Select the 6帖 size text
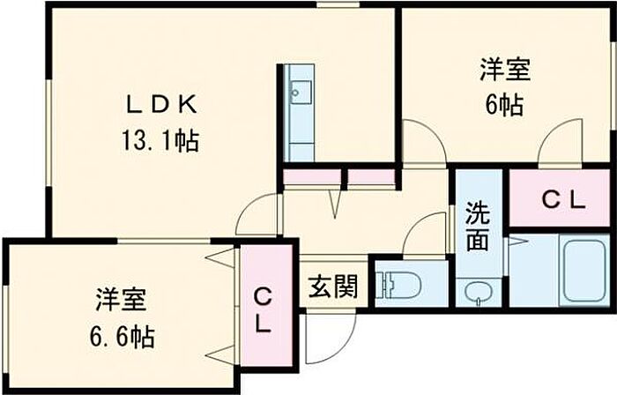504,105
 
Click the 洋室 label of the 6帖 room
504,69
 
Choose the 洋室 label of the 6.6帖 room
122,300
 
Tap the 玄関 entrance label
333,287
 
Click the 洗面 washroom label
477,226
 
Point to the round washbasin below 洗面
478,292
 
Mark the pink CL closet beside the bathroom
561,200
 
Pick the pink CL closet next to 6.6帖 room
263,309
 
